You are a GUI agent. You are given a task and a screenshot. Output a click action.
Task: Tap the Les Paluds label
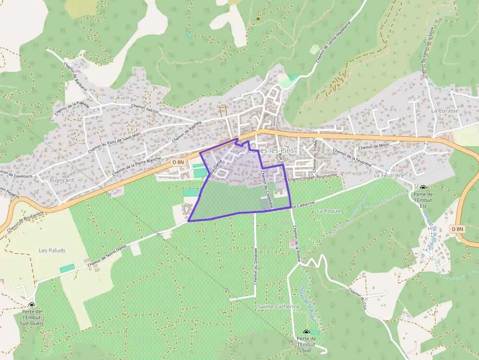(52, 251)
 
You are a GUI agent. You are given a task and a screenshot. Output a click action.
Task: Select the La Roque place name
(328, 211)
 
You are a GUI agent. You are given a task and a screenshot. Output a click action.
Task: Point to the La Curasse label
(445, 111)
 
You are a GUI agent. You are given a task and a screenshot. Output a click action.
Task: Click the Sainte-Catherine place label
(278, 306)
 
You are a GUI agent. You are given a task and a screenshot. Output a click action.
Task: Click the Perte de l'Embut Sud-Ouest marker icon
(32, 305)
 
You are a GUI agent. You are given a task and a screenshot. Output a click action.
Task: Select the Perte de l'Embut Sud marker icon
(306, 332)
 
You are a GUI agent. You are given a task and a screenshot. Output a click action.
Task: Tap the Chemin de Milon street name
(373, 147)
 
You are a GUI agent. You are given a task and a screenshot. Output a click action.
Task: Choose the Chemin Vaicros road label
(145, 108)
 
